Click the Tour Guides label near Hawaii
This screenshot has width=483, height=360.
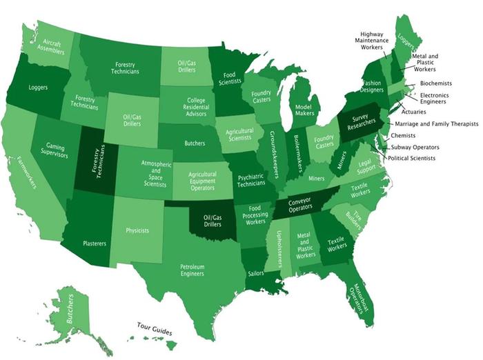pos(154,326)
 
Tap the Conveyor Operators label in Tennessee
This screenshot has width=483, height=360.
pos(302,205)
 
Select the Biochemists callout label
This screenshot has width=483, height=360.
pos(435,83)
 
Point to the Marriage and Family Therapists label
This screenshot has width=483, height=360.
pos(437,124)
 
